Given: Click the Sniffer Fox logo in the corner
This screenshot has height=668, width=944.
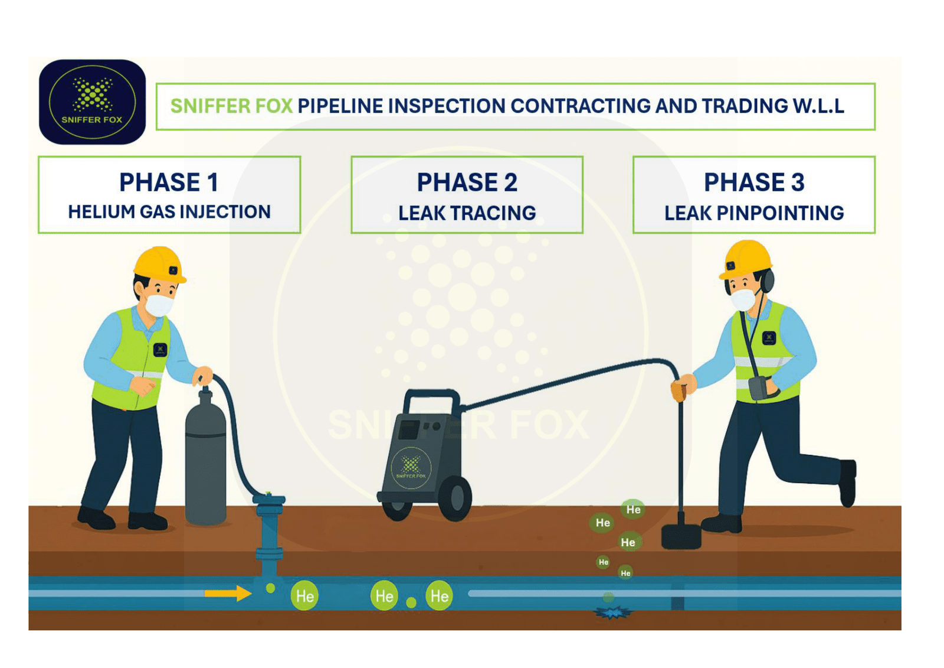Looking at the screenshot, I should (x=92, y=102).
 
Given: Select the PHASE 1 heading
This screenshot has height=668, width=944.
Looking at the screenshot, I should (x=169, y=182).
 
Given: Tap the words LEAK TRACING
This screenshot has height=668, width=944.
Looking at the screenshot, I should (x=467, y=213).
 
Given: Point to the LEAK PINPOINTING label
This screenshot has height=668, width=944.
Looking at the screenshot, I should (x=753, y=213).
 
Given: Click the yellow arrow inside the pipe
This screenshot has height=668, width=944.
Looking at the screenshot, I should (x=228, y=592).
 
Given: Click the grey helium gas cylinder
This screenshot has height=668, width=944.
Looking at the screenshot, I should (x=205, y=461).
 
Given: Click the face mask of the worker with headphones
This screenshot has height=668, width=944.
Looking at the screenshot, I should (x=743, y=299).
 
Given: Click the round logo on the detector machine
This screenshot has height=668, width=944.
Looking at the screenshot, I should (x=411, y=468).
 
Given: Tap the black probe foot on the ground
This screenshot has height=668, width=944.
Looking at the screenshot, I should (x=681, y=536).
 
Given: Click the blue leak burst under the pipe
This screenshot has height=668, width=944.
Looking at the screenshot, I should (x=612, y=613).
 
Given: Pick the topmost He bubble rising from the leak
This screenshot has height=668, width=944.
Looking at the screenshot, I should (x=633, y=509).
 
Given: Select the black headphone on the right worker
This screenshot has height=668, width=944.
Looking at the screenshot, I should (x=767, y=281).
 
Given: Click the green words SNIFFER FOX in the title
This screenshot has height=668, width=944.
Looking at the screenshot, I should (x=231, y=106).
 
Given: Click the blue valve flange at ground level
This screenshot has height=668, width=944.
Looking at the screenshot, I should (x=269, y=501).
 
